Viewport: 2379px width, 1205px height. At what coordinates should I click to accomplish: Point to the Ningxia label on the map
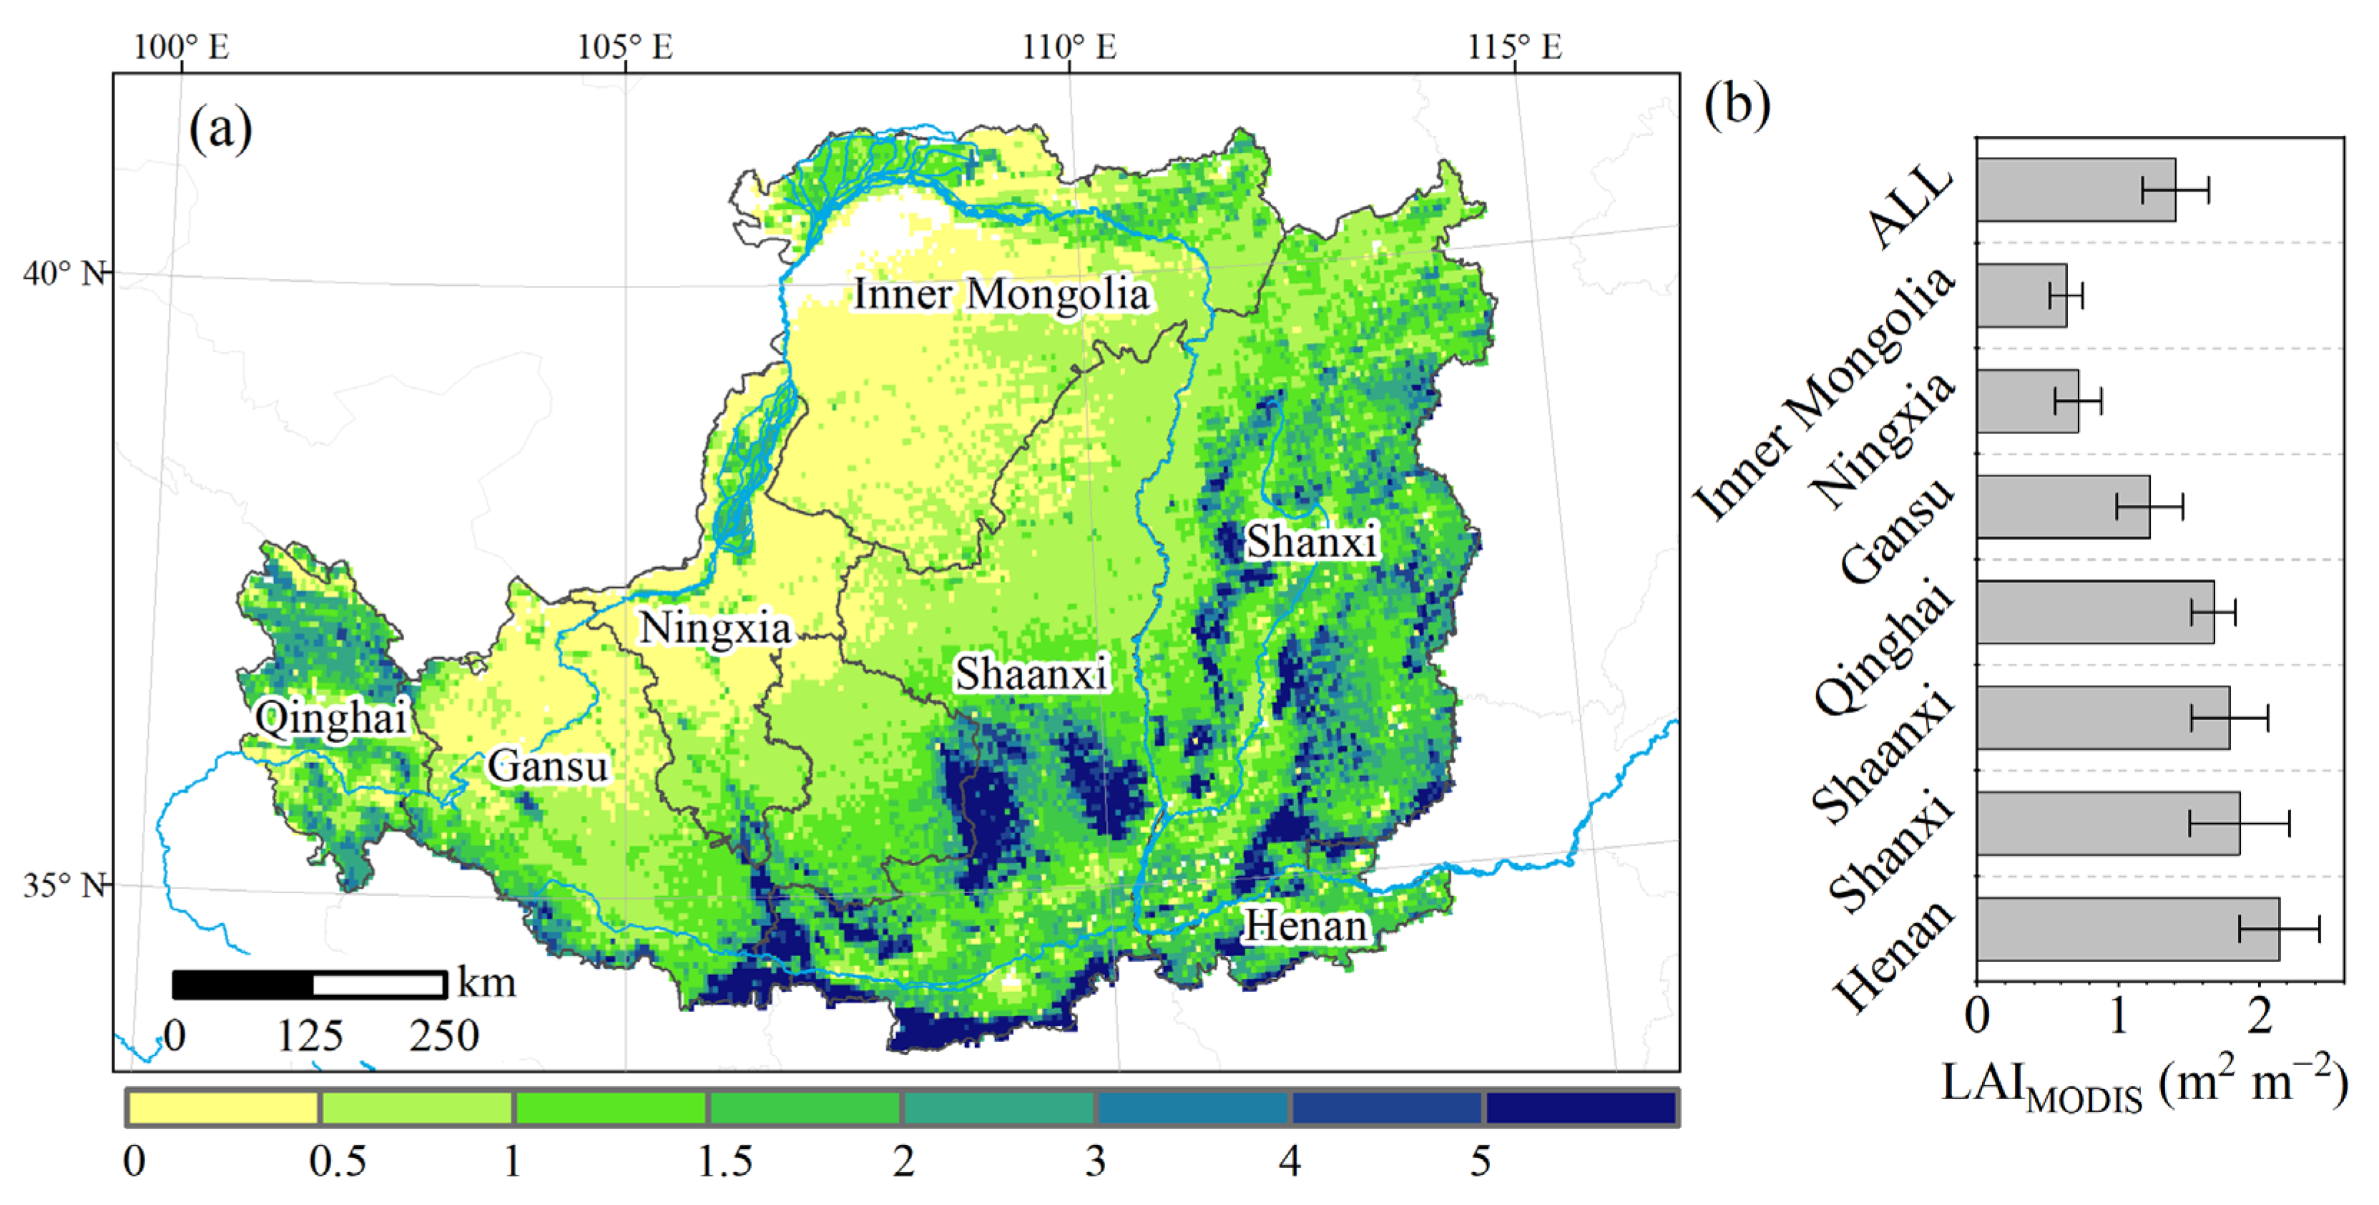pos(715,629)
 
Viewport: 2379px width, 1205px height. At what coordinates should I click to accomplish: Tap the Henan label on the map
pos(1305,926)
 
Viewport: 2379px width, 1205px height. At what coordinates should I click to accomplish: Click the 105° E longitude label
pos(625,46)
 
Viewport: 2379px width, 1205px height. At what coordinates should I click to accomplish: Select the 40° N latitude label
pos(63,273)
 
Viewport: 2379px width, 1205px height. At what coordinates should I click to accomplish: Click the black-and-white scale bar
pos(310,984)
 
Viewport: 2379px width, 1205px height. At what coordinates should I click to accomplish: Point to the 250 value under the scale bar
pos(444,1036)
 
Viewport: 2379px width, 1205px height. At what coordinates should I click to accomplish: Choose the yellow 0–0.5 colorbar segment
pos(222,1108)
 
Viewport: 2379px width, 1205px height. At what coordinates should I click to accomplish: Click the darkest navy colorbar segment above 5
pos(1580,1108)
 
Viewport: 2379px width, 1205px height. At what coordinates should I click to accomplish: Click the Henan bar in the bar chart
pos(2127,929)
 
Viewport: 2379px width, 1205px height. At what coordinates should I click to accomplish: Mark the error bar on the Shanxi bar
pos(2239,822)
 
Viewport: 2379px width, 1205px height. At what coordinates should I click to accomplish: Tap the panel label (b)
pos(1737,104)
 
